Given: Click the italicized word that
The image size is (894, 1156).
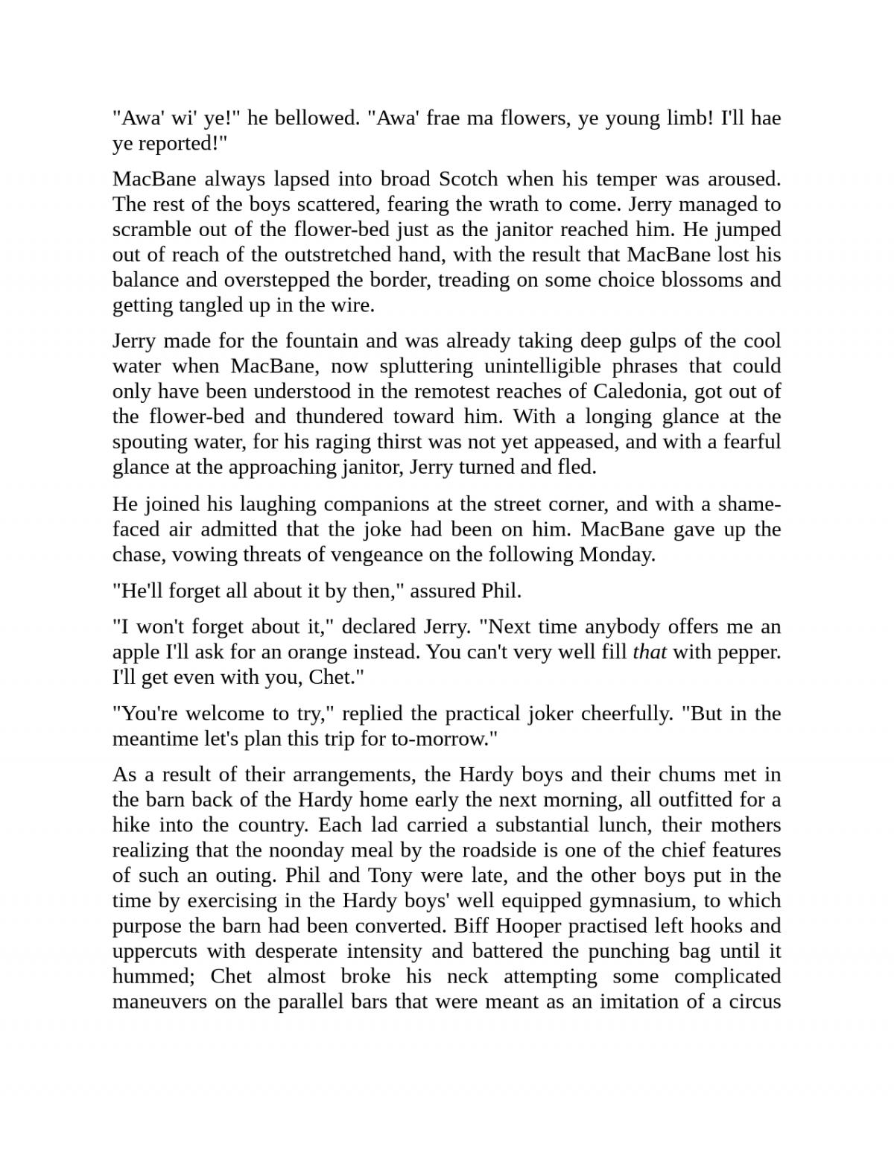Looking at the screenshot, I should (x=649, y=652).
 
